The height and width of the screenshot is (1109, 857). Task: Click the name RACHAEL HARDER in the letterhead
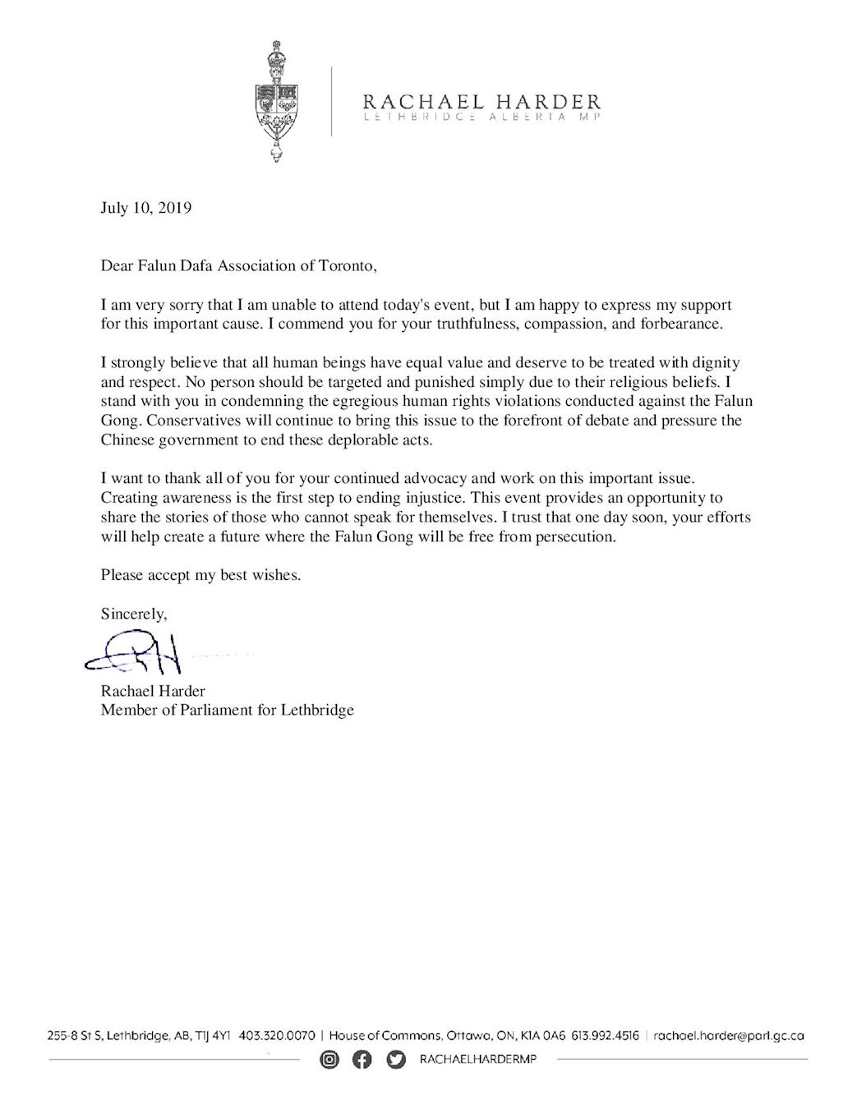[x=481, y=102]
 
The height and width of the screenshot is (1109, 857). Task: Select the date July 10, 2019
[x=146, y=208]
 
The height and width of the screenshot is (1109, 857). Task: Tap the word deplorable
[x=346, y=440]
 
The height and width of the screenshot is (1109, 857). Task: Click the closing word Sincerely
[x=134, y=613]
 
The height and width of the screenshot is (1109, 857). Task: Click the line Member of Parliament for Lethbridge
[x=228, y=710]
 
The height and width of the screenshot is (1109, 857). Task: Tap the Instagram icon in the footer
[x=329, y=1061]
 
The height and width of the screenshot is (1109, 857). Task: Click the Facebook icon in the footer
[x=362, y=1061]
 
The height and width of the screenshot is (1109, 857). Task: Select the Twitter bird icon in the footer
[x=396, y=1061]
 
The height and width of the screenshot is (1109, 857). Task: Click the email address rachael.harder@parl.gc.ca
[x=728, y=1036]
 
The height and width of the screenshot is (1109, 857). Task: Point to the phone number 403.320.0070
[x=277, y=1036]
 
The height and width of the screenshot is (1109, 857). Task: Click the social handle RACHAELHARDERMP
[x=477, y=1061]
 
